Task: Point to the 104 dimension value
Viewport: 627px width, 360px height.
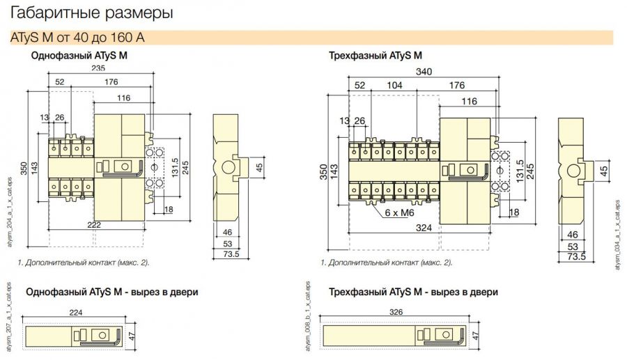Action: point(394,85)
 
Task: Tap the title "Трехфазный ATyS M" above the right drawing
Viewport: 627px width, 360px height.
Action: point(375,54)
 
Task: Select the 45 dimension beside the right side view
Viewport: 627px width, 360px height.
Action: point(604,169)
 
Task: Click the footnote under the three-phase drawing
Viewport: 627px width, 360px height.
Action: point(386,263)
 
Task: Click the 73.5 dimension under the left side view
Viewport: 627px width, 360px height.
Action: point(231,254)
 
